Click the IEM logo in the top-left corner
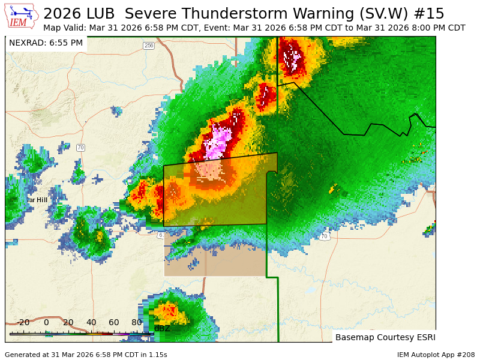click(x=21, y=16)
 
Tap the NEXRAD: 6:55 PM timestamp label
click(x=46, y=43)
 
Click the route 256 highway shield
click(x=149, y=46)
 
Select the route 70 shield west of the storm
click(x=80, y=148)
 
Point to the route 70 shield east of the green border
click(x=324, y=236)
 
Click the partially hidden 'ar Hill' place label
click(x=37, y=200)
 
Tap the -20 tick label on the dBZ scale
click(x=23, y=323)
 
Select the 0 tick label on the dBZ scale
click(x=46, y=323)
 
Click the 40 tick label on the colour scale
click(x=91, y=323)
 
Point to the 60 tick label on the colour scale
click(x=114, y=323)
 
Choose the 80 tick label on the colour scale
click(x=137, y=323)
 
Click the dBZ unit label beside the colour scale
click(x=162, y=328)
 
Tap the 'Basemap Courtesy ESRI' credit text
click(x=385, y=337)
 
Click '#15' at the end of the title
click(x=432, y=13)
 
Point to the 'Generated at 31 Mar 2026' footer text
click(x=86, y=355)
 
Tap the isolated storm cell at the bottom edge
click(x=168, y=313)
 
